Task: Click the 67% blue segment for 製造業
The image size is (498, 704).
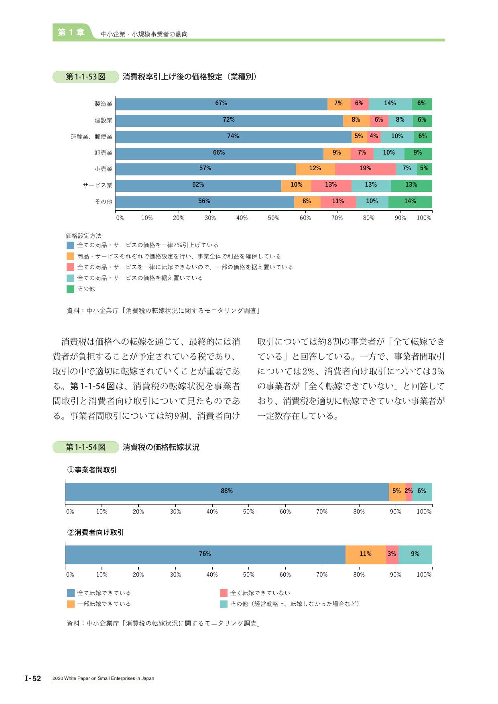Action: coord(222,104)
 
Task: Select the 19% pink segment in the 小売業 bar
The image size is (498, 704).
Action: coord(366,169)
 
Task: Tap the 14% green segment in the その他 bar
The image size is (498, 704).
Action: coord(410,202)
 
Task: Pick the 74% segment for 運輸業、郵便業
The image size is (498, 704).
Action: coord(234,137)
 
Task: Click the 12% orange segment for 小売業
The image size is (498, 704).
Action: coord(315,169)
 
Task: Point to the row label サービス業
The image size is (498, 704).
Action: coord(98,185)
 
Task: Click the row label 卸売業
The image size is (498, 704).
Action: coord(104,153)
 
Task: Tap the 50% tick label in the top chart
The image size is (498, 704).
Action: coord(274,218)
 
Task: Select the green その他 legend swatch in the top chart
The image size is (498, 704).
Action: coord(70,289)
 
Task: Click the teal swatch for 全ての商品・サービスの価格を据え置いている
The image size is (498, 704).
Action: coord(70,278)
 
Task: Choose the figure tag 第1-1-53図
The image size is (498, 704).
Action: coord(85,77)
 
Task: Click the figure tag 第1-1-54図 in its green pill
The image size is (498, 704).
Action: coord(85,447)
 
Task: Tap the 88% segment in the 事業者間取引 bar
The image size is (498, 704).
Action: coord(227,492)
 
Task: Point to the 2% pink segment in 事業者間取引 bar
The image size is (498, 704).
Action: coord(409,492)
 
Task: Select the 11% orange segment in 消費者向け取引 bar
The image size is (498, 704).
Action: coord(366,555)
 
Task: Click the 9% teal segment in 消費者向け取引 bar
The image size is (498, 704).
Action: coord(415,555)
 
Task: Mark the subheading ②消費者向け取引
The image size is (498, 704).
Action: coord(96,532)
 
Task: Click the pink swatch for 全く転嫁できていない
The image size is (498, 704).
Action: coord(224,593)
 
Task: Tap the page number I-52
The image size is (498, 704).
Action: coord(33,678)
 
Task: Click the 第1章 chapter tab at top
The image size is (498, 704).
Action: coord(71,33)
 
